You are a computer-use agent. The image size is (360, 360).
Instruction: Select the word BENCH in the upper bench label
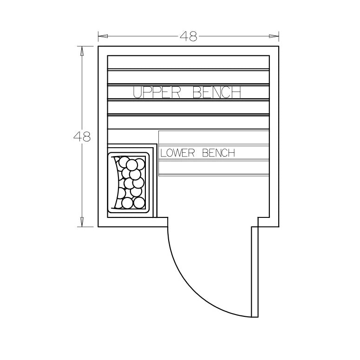pyautogui.click(x=217, y=93)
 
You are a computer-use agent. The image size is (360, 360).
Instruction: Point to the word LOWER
pyautogui.click(x=178, y=153)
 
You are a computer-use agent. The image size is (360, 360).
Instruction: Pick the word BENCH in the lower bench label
pyautogui.click(x=219, y=153)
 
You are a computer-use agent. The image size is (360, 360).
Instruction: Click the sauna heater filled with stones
pyautogui.click(x=130, y=183)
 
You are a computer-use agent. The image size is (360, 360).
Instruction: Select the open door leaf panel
pyautogui.click(x=255, y=272)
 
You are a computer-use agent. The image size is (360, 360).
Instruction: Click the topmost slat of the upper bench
pyautogui.click(x=188, y=62)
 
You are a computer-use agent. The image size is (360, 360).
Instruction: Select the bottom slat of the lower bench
pyautogui.click(x=214, y=168)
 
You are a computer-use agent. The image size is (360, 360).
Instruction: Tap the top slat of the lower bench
pyautogui.click(x=214, y=137)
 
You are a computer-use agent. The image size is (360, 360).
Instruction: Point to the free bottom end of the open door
pyautogui.click(x=255, y=316)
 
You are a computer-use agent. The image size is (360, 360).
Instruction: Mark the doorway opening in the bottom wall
pyautogui.click(x=209, y=222)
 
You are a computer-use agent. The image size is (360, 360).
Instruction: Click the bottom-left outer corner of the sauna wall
pyautogui.click(x=98, y=226)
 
